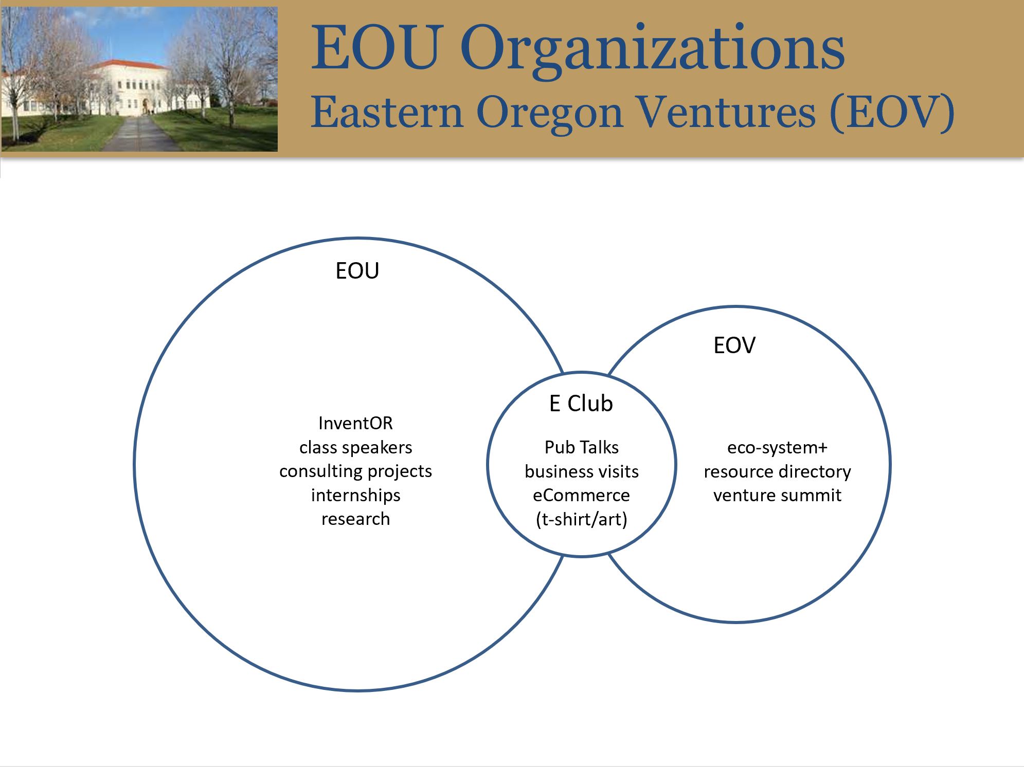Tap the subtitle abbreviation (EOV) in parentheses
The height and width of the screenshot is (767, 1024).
pyautogui.click(x=892, y=113)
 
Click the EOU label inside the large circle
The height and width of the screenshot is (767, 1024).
pyautogui.click(x=357, y=271)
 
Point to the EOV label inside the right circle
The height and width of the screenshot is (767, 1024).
pyautogui.click(x=734, y=345)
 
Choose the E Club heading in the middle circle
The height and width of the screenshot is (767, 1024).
pyautogui.click(x=581, y=404)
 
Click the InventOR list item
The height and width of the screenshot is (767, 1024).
pyautogui.click(x=355, y=423)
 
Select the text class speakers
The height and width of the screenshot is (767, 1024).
pyautogui.click(x=355, y=447)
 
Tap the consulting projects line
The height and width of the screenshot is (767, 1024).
pyautogui.click(x=355, y=471)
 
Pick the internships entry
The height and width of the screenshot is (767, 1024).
pyautogui.click(x=355, y=495)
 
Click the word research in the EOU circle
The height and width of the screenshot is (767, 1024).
pyautogui.click(x=355, y=519)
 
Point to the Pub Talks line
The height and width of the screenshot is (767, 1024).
pyautogui.click(x=581, y=447)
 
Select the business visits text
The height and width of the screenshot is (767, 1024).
pyautogui.click(x=581, y=471)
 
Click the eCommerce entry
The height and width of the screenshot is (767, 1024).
pyautogui.click(x=581, y=495)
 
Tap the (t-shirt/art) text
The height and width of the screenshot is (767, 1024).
pyautogui.click(x=581, y=520)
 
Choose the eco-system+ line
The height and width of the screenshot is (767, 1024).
pyautogui.click(x=777, y=448)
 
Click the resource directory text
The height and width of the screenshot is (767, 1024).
pyautogui.click(x=777, y=471)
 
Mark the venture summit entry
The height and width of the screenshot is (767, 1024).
pyautogui.click(x=777, y=495)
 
